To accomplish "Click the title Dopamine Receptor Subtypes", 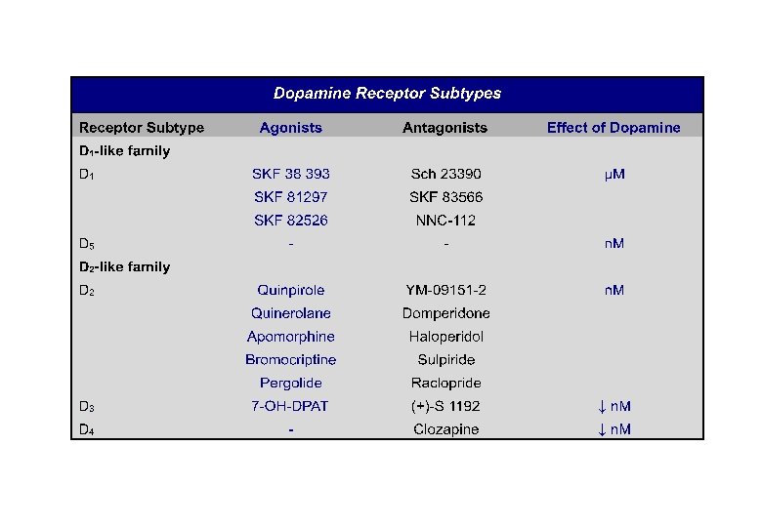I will tap(387, 94).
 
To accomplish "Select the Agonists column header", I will tap(290, 128).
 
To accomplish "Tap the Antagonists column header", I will tap(444, 128).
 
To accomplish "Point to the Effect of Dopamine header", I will tap(614, 128).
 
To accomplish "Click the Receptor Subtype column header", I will tap(142, 128).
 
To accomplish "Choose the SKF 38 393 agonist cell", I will tap(290, 174).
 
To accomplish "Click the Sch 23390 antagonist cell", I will tap(445, 174).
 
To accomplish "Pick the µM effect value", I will tap(614, 174).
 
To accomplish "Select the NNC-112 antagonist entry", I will tap(445, 221).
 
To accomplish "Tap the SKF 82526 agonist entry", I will tap(290, 221).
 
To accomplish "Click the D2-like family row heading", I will tap(124, 266).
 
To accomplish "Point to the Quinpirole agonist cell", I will tap(290, 290).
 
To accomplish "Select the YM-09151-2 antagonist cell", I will tap(445, 290).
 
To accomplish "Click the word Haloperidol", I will tap(445, 337).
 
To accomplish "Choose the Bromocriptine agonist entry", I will tap(290, 360).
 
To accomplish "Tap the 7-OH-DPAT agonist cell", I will tap(290, 406).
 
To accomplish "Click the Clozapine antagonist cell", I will tap(445, 429).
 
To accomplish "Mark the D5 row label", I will tap(87, 244).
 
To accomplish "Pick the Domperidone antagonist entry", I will tap(445, 313).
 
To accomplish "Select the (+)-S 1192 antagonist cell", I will tap(445, 406).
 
